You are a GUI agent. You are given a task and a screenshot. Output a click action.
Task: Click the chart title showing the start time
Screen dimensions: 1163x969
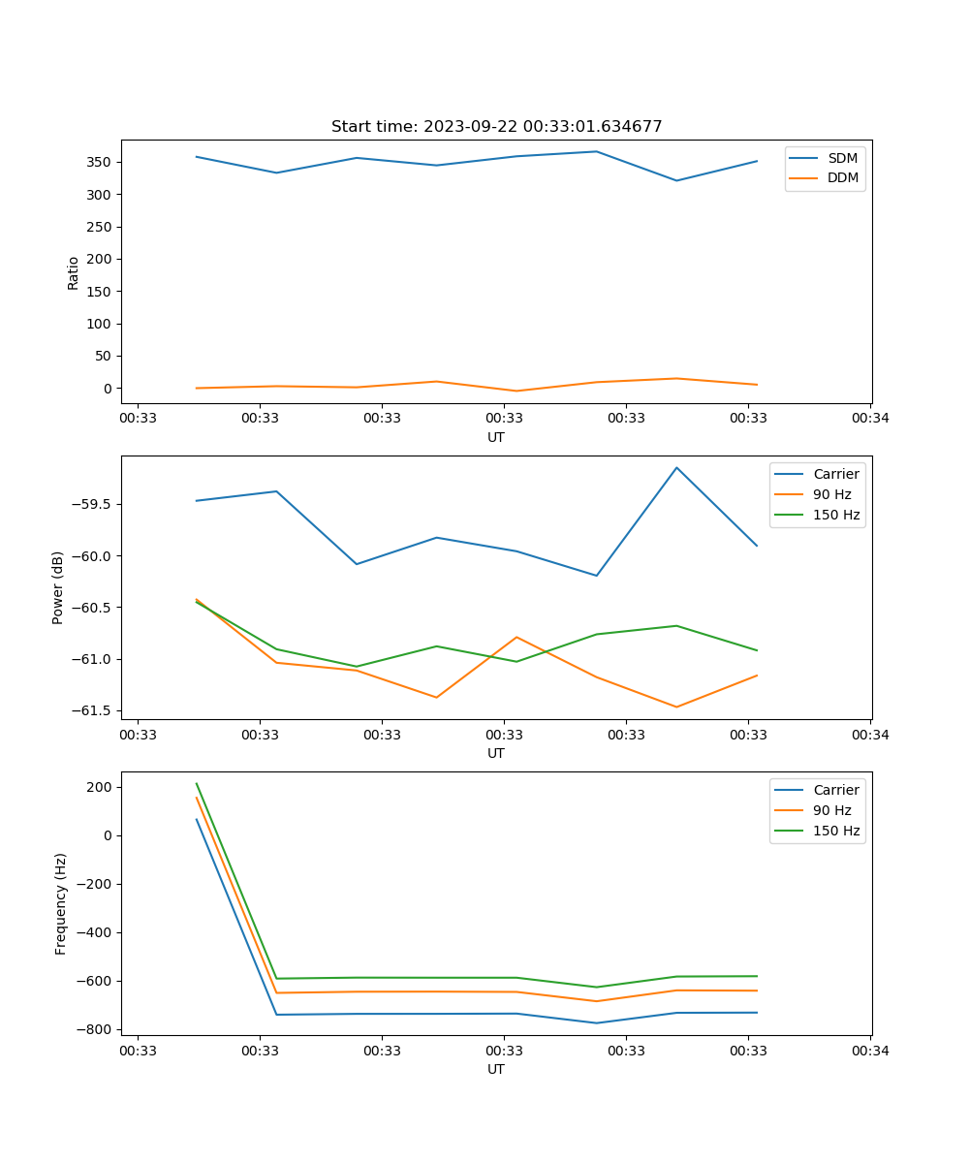[x=496, y=127]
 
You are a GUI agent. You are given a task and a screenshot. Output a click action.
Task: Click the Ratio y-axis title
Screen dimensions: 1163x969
[x=73, y=272]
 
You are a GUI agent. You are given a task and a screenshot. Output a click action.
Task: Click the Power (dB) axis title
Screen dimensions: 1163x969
[x=58, y=587]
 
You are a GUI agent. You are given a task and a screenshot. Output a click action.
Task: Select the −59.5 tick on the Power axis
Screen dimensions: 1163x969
[x=94, y=504]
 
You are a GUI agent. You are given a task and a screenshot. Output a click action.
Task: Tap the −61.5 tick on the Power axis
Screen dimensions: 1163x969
[x=94, y=710]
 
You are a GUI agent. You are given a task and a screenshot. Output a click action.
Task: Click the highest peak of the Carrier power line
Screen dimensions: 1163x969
[x=676, y=467]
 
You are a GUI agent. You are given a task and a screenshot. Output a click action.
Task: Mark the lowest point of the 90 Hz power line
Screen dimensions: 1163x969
[x=676, y=707]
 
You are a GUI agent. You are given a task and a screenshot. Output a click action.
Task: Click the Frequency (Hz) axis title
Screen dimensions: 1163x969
[x=60, y=903]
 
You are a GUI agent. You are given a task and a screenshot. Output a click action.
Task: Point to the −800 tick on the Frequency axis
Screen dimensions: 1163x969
[x=97, y=1029]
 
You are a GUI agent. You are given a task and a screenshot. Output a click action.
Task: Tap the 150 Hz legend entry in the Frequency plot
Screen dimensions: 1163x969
[x=836, y=831]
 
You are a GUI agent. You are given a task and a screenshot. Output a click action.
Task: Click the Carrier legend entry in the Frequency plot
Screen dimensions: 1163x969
[x=835, y=790]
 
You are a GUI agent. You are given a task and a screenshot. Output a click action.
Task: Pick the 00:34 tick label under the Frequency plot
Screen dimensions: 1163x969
[x=870, y=1049]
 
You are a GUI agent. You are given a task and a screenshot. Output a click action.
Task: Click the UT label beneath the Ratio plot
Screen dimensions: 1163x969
[x=496, y=437]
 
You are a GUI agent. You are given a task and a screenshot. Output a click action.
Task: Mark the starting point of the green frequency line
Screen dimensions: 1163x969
[x=197, y=783]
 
